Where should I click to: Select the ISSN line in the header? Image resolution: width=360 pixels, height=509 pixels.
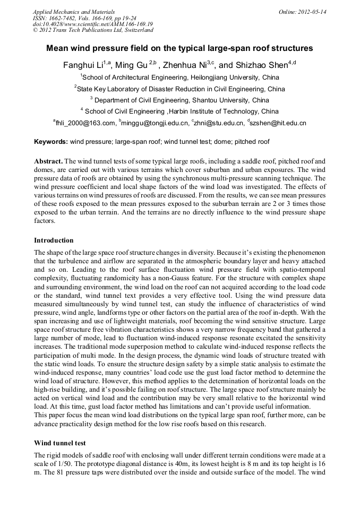click(84, 18)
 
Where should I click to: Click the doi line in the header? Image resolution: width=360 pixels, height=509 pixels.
click(92, 24)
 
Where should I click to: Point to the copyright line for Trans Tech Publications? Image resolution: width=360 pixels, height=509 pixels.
click(93, 30)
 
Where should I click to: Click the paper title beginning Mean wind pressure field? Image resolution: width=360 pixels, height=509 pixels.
click(179, 48)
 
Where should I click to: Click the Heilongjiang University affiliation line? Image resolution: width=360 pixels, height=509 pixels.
click(179, 77)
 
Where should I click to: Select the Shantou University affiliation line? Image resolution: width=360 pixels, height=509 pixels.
click(179, 100)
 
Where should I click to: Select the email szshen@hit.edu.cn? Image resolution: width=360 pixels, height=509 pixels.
click(277, 123)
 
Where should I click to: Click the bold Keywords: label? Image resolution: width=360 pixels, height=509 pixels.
click(51, 142)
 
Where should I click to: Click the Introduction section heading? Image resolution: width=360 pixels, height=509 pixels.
click(54, 240)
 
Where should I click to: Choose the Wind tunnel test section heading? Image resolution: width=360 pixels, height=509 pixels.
click(59, 442)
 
